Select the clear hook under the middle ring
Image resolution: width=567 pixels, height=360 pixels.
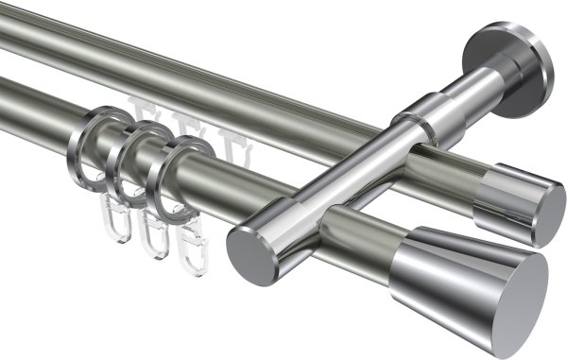click(152, 236)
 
